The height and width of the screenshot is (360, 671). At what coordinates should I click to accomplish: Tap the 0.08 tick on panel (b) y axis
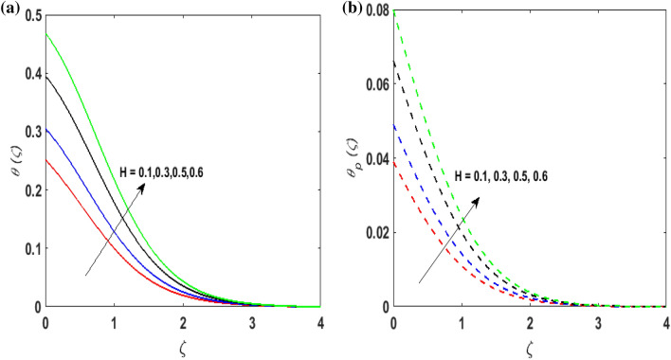coord(373,12)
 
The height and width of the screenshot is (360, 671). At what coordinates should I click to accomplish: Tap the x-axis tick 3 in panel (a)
coord(251,322)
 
